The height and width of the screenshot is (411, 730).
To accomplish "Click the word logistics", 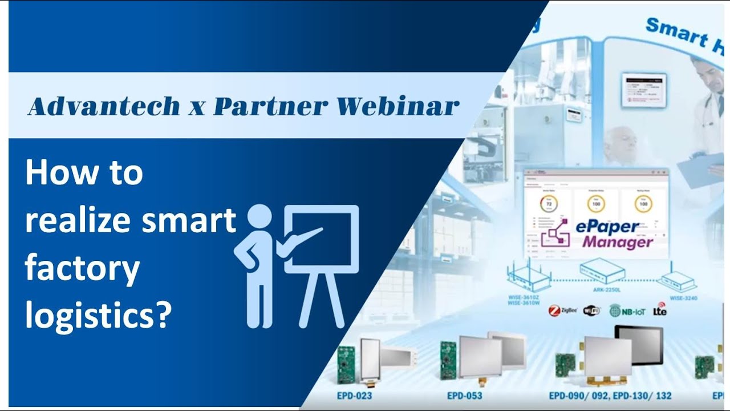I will click(x=98, y=315).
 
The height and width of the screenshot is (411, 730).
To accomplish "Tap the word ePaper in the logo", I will click(x=607, y=227).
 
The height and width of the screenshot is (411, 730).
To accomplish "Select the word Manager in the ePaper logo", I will click(x=617, y=242).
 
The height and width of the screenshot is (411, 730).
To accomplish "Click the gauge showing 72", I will click(x=549, y=204).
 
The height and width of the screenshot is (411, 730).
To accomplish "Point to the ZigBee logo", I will click(x=562, y=311).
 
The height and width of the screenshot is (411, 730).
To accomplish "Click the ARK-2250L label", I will click(x=599, y=290).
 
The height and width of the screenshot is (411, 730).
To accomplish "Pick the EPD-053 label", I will click(x=464, y=395).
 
